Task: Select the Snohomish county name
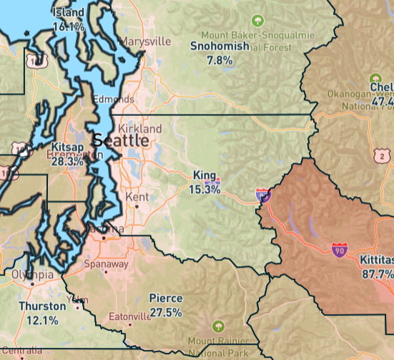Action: point(220,47)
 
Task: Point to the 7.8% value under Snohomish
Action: point(220,61)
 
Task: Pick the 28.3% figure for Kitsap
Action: point(67,162)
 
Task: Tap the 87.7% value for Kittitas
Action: point(378,274)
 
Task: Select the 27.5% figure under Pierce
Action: point(165,313)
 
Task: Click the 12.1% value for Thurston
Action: point(41,320)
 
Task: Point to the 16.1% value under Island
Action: point(69,26)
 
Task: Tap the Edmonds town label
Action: point(112,99)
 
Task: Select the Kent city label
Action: point(137,196)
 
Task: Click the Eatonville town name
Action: point(129,316)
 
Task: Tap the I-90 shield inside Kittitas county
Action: point(340,250)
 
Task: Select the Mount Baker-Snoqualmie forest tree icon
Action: point(258,22)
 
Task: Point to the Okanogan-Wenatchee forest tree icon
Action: point(373,79)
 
